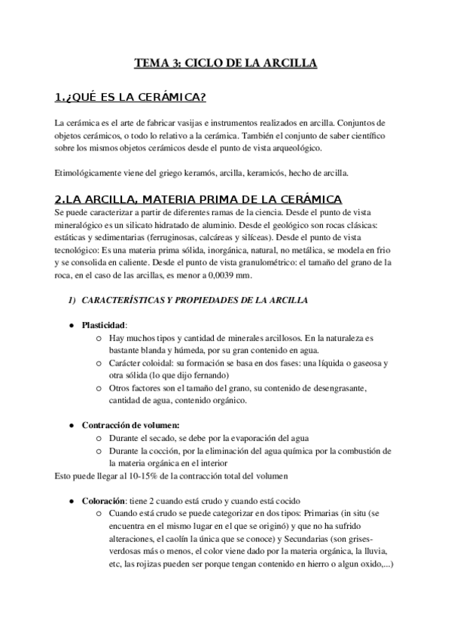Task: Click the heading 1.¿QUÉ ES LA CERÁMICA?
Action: tap(132, 98)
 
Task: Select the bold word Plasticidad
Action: tap(104, 325)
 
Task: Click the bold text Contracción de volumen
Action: tap(130, 424)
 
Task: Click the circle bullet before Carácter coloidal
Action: tap(99, 363)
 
